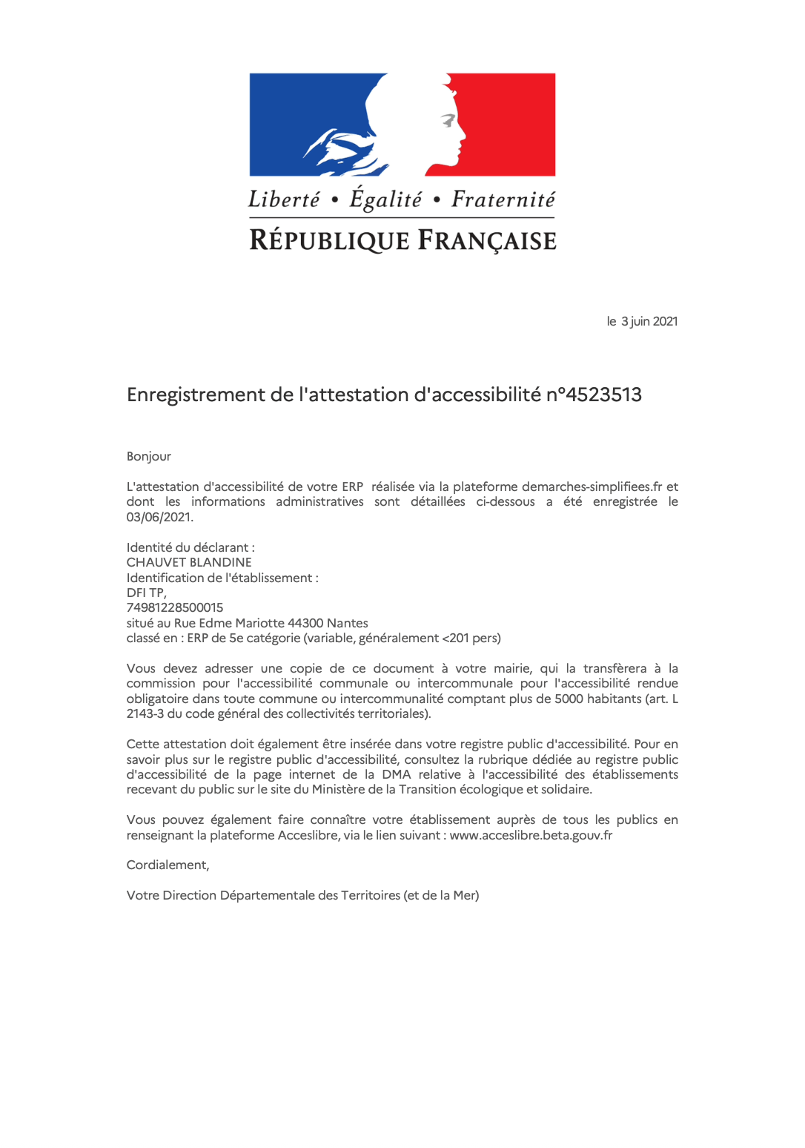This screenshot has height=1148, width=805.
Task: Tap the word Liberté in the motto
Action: (284, 199)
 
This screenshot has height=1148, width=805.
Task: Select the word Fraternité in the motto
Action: (503, 199)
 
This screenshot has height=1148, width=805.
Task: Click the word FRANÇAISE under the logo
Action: (487, 241)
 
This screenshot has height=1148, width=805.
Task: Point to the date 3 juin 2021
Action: (649, 321)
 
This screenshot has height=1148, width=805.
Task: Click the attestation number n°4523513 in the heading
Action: (594, 395)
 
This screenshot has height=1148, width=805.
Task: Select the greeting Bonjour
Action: (149, 456)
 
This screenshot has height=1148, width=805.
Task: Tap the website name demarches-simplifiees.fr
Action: (592, 486)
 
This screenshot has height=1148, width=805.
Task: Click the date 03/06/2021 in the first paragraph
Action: (159, 517)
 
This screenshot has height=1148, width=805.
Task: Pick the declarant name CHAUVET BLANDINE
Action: (189, 562)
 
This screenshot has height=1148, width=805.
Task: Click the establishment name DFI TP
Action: (146, 593)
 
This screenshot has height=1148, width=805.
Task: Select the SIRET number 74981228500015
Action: (175, 607)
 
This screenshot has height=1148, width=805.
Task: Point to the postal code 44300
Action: (305, 623)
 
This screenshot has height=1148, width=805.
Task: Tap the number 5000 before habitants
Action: (569, 699)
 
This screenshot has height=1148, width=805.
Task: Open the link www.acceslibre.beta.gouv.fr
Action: (531, 835)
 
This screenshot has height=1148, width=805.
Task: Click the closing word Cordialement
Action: (167, 865)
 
